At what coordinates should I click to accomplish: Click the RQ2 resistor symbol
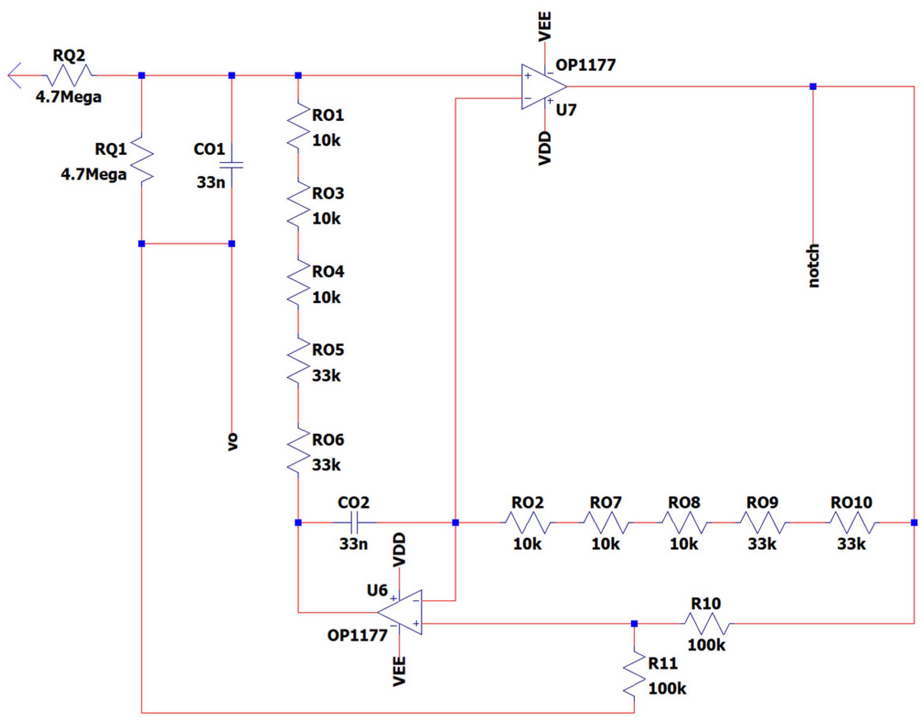point(71,76)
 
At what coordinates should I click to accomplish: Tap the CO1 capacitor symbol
point(232,165)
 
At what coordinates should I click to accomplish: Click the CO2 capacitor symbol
point(355,523)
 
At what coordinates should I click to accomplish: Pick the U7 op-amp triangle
point(542,87)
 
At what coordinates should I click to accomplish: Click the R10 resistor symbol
point(707,624)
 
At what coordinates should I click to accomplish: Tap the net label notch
point(813,266)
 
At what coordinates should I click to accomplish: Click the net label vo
point(232,442)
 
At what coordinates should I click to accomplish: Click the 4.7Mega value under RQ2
point(69,97)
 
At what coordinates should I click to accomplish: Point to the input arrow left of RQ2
point(15,76)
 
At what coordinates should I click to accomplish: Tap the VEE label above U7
point(545,27)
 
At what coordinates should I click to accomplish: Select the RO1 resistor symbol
point(298,126)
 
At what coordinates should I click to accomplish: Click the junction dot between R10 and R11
point(634,624)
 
